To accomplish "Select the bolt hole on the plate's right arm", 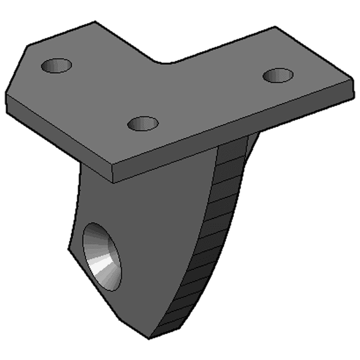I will point(278,76).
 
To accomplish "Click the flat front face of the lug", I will point(138,240).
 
